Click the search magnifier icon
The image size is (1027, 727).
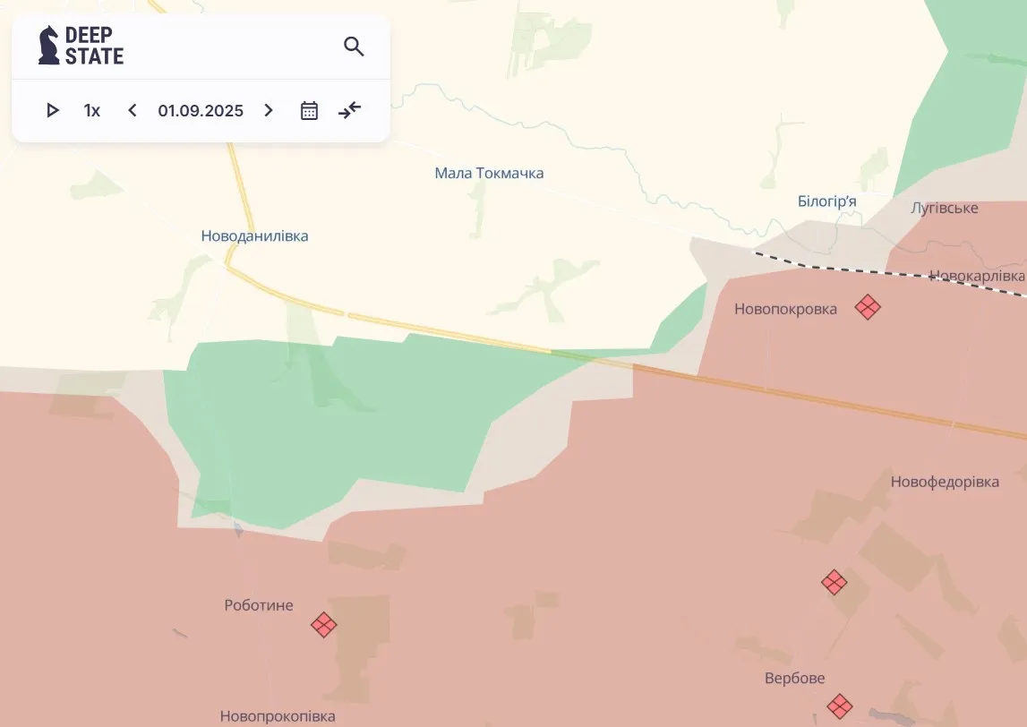tap(354, 47)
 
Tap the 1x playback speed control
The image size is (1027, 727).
tap(92, 111)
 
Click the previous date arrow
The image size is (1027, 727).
tap(133, 110)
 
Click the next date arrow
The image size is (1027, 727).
tap(269, 110)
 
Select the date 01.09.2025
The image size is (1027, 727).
tap(201, 111)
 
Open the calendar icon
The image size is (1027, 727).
tap(309, 110)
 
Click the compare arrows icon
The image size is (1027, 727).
tap(349, 110)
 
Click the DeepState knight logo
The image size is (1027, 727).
tap(49, 45)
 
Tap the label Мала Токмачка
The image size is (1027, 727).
tap(489, 173)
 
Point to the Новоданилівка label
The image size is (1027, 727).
tap(254, 236)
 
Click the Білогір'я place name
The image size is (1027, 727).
tap(826, 201)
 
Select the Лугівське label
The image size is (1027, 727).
tap(945, 208)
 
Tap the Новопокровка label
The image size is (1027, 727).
tap(785, 309)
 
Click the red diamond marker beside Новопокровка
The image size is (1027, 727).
tap(867, 307)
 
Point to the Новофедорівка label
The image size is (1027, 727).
tap(945, 482)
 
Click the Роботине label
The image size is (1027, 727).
tap(259, 605)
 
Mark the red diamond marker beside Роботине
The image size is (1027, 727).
tap(324, 624)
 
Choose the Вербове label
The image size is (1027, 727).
tap(795, 678)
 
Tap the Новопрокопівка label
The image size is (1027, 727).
tap(278, 716)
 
